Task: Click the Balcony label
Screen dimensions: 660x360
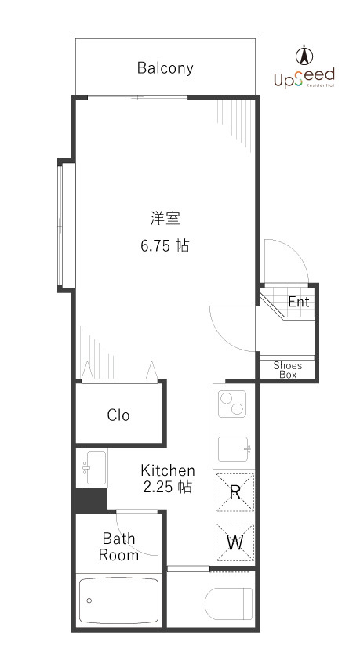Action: (165, 68)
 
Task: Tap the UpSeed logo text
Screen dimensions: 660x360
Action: (304, 77)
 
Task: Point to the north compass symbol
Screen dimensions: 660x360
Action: (304, 56)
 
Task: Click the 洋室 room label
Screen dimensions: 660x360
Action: (165, 217)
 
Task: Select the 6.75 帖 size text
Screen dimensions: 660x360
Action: (165, 246)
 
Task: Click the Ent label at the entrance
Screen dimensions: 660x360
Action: (299, 302)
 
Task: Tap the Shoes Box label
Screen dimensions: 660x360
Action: (287, 370)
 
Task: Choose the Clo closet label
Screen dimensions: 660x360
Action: (118, 415)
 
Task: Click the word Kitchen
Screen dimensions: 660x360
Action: (167, 470)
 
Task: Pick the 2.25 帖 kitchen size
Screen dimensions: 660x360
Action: (167, 487)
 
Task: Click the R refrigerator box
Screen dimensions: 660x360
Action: (235, 493)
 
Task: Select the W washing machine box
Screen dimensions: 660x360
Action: (235, 541)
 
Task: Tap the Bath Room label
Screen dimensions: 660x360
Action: (118, 547)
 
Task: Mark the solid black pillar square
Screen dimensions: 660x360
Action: (89, 499)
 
